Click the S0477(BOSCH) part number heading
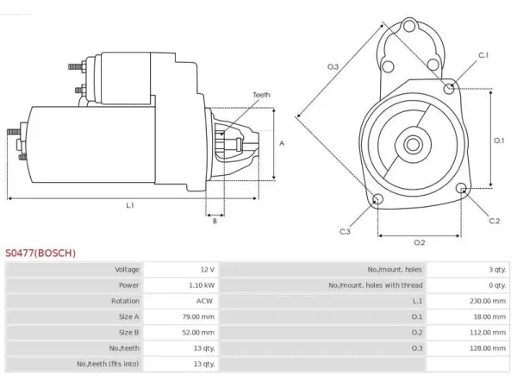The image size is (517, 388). [x=40, y=253]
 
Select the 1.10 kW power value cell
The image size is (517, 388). [x=202, y=285]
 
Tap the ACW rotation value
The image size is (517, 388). [x=204, y=301]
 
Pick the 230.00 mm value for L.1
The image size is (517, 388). [x=488, y=301]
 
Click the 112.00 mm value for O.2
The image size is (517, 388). [x=488, y=332]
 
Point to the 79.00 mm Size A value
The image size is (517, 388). [x=198, y=316]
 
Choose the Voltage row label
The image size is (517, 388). [x=127, y=270]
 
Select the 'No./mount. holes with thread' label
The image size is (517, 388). [x=375, y=285]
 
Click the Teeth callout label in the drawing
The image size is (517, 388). [x=261, y=95]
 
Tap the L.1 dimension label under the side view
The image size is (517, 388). [x=130, y=205]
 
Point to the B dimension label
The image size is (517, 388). [x=215, y=221]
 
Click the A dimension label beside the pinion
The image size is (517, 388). [x=282, y=143]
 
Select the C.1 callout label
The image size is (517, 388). [x=483, y=55]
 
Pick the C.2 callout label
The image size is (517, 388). [x=495, y=221]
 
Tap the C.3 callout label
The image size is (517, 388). [x=345, y=232]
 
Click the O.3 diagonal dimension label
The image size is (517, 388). [x=333, y=67]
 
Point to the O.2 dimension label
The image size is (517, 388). [x=419, y=243]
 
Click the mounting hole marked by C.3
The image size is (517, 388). [x=377, y=199]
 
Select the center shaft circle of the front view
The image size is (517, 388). [x=413, y=145]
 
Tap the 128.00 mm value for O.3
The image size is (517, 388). [x=488, y=348]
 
